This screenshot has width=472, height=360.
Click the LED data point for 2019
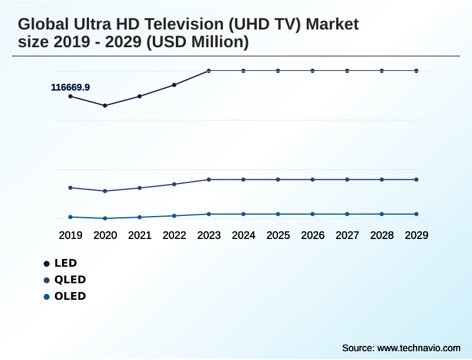pos(70,96)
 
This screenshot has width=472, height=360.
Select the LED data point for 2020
pos(105,106)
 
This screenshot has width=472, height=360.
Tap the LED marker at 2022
pos(174,85)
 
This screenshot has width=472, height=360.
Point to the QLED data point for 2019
pos(70,188)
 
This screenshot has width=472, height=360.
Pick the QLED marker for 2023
pos(209,179)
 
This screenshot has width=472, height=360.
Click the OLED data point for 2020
pos(105,218)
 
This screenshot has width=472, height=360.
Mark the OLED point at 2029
pos(417,214)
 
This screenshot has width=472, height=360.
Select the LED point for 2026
pos(313,71)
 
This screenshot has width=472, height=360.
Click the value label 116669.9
pos(70,87)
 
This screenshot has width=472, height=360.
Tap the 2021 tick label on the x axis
pos(140,235)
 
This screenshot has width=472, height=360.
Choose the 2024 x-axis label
pos(244,235)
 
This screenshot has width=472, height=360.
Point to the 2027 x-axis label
pos(348,235)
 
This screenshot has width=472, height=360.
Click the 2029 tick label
pos(417,235)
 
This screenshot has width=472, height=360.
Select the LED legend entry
pos(65,263)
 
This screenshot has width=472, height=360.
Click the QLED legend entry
pos(70,280)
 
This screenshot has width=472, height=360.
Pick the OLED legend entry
pos(70,296)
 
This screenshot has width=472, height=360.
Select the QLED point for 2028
pos(382,179)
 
